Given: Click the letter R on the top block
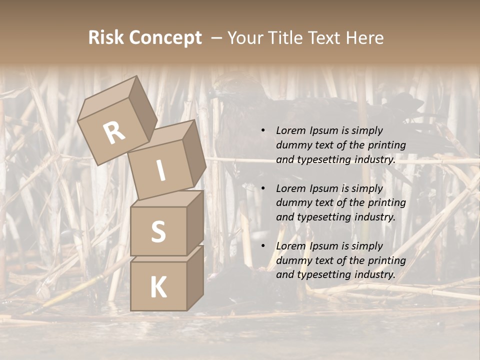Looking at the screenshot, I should (114, 133).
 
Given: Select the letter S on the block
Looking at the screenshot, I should (158, 231).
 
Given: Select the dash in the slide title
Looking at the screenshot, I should (216, 38).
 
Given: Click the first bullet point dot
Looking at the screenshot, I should (263, 130).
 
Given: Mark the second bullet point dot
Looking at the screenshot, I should (263, 188).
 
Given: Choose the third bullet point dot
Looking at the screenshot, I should (263, 246).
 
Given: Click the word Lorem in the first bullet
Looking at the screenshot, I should (290, 130).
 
